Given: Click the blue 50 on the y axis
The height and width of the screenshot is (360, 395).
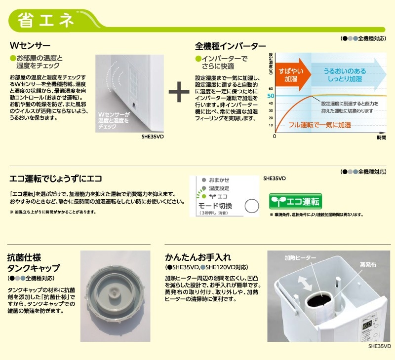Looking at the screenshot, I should pos(270,96).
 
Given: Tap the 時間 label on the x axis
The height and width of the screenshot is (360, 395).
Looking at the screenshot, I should pos(381,138).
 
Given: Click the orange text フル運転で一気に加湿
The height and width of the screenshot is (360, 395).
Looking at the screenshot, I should pos(319,125).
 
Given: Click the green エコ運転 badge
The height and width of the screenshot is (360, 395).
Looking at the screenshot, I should pos(295,202).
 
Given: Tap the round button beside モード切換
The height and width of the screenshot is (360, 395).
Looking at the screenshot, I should pos(253,206).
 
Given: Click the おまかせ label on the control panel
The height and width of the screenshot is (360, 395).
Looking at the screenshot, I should pos(219,180).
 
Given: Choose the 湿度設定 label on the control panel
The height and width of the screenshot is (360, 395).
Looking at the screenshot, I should pos(219,188).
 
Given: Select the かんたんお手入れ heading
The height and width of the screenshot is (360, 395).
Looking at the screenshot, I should pos(198,257).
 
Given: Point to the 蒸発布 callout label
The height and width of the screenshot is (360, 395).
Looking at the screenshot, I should pos(367,265).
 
